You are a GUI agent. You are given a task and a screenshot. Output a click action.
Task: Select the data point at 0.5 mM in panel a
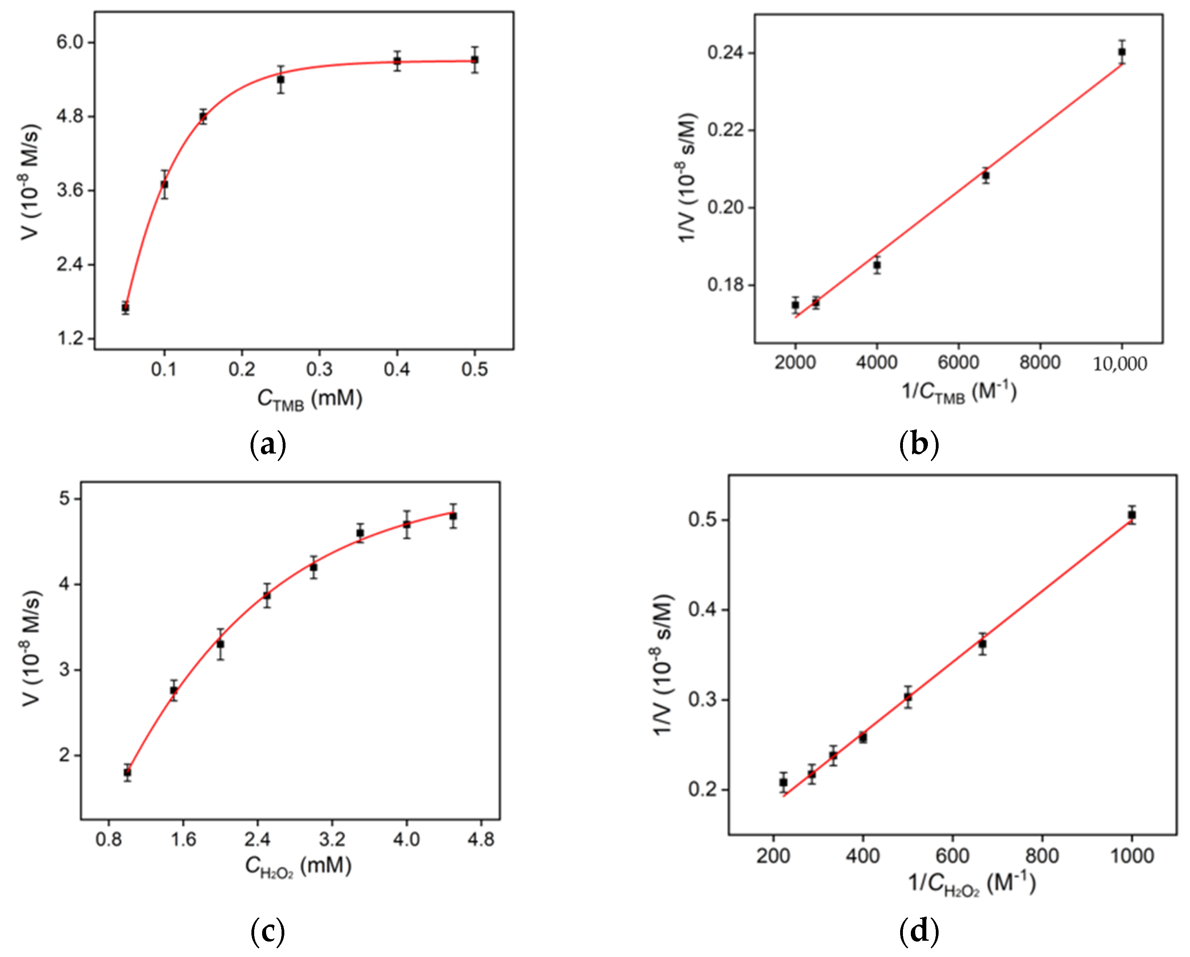click(474, 59)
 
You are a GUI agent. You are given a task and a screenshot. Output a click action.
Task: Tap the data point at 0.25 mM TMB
click(280, 79)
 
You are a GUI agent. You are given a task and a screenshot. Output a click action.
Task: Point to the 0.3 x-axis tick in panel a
click(319, 369)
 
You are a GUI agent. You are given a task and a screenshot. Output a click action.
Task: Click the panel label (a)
click(268, 444)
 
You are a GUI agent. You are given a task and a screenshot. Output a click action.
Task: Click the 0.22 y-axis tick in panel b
click(725, 130)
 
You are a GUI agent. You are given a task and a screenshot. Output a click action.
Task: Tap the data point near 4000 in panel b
click(876, 265)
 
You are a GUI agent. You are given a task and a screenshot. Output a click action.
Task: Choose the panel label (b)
click(918, 444)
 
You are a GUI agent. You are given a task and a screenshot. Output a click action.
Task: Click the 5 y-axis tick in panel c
click(65, 498)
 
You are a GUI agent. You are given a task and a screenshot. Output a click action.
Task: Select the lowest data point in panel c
click(128, 773)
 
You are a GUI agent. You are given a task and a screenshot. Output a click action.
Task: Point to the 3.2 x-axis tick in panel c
click(332, 839)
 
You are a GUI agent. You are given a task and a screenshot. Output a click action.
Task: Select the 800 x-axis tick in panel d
click(1042, 856)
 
